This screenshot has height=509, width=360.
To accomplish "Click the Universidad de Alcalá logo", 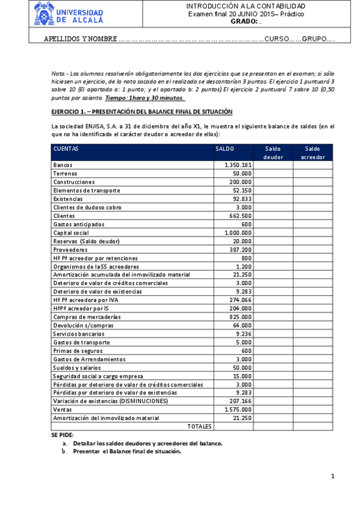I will pyautogui.click(x=68, y=13).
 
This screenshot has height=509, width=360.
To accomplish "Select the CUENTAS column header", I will pyautogui.click(x=65, y=148).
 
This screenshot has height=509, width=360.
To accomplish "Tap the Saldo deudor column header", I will pyautogui.click(x=273, y=152).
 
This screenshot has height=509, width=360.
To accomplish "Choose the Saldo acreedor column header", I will pyautogui.click(x=312, y=152).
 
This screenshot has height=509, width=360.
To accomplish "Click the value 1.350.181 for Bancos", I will pyautogui.click(x=238, y=165).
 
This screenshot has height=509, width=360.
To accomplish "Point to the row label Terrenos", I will pyautogui.click(x=67, y=173).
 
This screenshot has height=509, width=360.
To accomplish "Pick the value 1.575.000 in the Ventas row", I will pyautogui.click(x=238, y=409).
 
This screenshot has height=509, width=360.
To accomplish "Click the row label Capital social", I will pyautogui.click(x=71, y=232).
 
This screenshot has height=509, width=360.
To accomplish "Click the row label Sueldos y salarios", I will pyautogui.click(x=77, y=367).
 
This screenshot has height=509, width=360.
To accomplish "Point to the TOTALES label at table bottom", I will pyautogui.click(x=199, y=426).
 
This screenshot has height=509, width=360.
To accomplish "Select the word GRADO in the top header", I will pyautogui.click(x=243, y=21).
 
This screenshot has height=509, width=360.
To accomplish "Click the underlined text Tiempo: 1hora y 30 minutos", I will pyautogui.click(x=145, y=97).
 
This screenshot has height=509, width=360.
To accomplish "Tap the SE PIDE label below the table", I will pyautogui.click(x=62, y=435).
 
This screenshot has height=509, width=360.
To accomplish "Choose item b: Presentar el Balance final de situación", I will pyautogui.click(x=126, y=451).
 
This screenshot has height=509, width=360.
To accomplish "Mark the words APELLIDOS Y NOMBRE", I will pyautogui.click(x=80, y=39).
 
